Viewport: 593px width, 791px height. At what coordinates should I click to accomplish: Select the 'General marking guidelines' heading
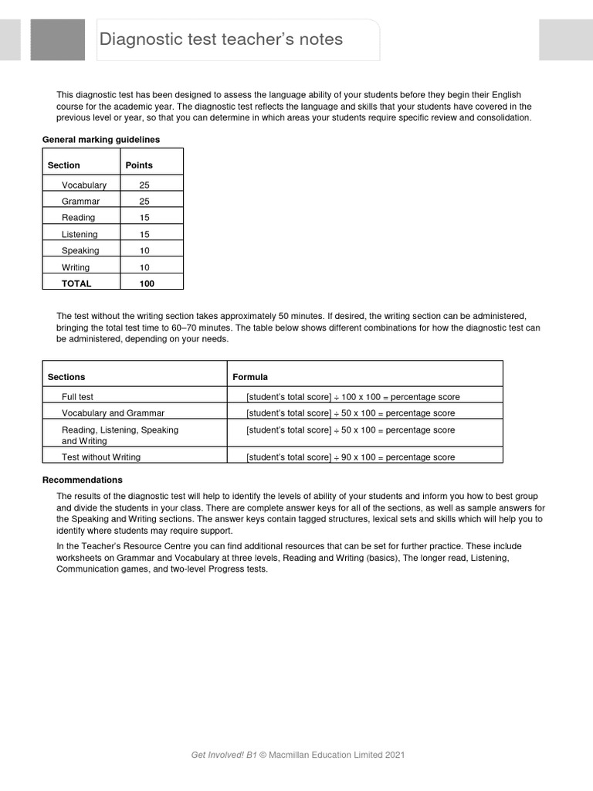tap(101, 140)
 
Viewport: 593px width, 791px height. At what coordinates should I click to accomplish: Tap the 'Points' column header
tap(139, 165)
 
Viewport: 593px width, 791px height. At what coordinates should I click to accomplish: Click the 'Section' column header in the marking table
tap(63, 165)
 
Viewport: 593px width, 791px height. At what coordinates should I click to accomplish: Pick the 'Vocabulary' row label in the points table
tap(84, 185)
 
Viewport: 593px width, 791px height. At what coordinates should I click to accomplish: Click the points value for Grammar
tap(144, 202)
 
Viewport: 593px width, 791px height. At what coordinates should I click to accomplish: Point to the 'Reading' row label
tap(78, 218)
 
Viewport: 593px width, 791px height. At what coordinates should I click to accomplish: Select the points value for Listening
tap(144, 234)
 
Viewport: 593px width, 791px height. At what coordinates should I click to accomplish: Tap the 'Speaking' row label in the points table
tap(80, 251)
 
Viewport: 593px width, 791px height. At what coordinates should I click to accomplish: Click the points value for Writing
tap(144, 267)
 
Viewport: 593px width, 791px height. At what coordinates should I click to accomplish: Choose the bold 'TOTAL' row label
tap(76, 283)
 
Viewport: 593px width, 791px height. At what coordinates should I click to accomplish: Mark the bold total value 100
tap(147, 283)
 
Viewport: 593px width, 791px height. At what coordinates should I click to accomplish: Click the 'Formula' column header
tap(250, 377)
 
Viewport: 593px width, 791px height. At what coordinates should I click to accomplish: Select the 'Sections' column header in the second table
tap(66, 377)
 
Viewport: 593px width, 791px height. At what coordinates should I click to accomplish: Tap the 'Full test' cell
tap(77, 397)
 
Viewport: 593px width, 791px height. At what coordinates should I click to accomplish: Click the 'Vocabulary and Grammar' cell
tap(113, 413)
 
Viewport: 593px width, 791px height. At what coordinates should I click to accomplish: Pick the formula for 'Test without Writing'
tap(351, 457)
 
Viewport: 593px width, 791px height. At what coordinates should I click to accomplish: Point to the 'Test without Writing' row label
tap(101, 457)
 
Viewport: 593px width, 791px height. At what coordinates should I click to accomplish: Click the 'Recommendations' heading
tap(82, 480)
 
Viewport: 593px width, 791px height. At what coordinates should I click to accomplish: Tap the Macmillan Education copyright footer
tap(297, 755)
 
